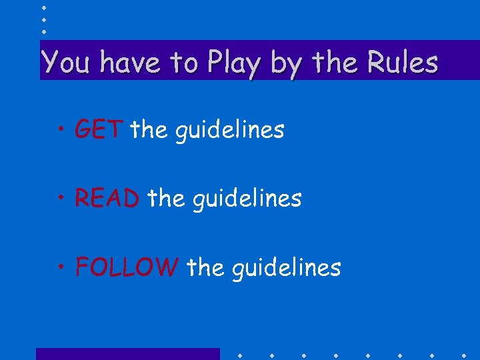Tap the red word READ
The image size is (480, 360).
107,198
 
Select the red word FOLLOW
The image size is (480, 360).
127,267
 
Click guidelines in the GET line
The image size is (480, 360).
229,130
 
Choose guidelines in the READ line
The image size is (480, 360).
247,199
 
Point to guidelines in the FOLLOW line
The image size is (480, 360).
286,269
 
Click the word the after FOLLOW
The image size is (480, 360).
205,267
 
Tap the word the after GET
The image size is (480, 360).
149,129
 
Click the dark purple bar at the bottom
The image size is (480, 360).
127,354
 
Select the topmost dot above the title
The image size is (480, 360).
43,7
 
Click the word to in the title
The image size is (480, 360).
183,63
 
